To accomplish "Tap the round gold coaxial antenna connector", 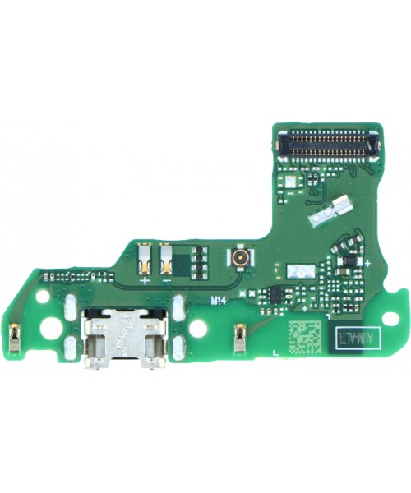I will tap(242, 261).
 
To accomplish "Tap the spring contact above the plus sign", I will tap(145, 260).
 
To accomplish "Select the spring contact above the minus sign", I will tap(168, 260).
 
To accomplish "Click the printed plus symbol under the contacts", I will tap(145, 281).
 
